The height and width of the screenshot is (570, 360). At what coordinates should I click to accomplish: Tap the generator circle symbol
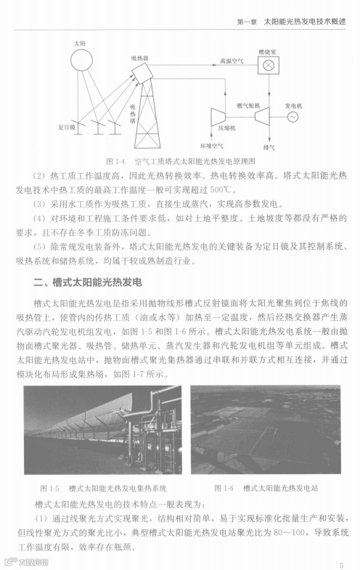(x=293, y=117)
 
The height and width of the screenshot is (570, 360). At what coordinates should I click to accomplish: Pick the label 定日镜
(x=66, y=126)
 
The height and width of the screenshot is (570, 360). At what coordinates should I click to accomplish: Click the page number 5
(x=341, y=563)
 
